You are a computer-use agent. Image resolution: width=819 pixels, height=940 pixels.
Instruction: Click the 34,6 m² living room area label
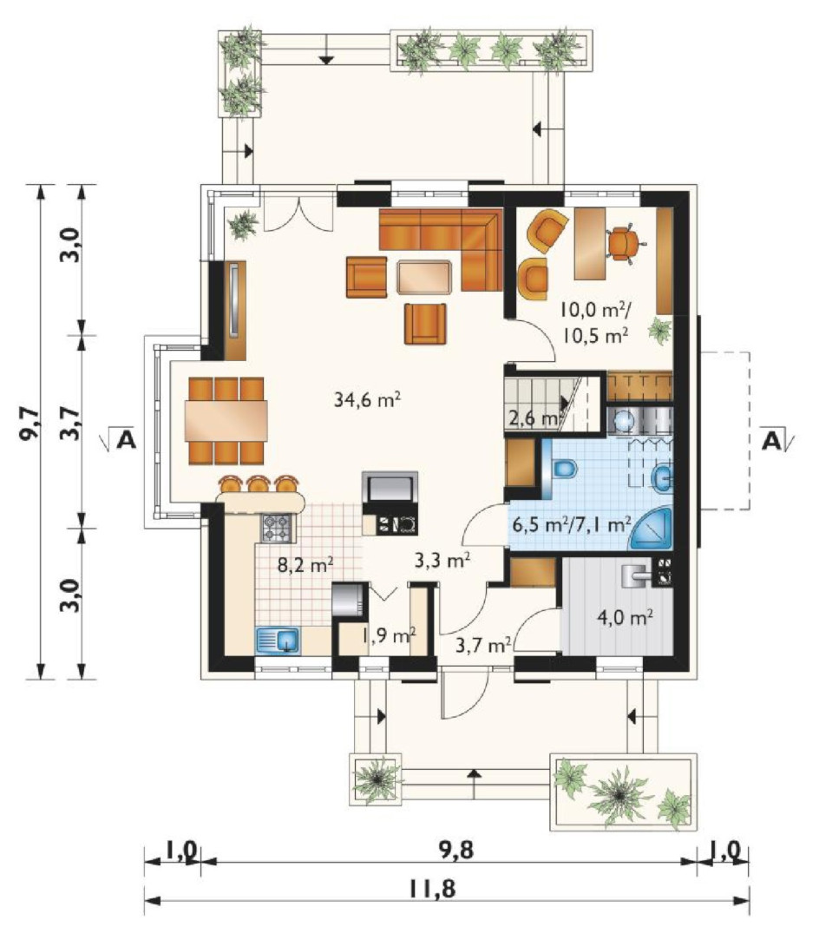click(x=367, y=399)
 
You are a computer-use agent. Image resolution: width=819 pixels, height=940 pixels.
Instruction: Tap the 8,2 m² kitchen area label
click(x=305, y=564)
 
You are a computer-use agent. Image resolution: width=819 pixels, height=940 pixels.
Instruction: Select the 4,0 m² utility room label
click(x=625, y=617)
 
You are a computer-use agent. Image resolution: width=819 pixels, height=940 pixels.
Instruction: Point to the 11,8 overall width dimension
click(x=432, y=889)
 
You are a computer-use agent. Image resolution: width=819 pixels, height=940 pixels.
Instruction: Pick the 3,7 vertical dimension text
click(x=70, y=424)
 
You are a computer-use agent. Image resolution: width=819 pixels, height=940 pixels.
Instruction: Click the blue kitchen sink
click(x=278, y=641)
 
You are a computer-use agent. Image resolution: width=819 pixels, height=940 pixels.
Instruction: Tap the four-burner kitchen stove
click(x=276, y=528)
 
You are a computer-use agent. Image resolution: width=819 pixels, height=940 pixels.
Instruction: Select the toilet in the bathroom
click(x=563, y=468)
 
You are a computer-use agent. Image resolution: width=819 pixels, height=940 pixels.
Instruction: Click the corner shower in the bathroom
click(x=651, y=529)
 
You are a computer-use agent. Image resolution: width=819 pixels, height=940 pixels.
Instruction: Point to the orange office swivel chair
click(x=625, y=243)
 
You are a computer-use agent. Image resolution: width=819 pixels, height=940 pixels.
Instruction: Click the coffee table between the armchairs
click(x=423, y=276)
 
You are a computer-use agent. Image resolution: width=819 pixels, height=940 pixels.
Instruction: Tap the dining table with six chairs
click(x=226, y=421)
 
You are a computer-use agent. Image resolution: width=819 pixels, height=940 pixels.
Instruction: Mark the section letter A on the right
click(x=771, y=441)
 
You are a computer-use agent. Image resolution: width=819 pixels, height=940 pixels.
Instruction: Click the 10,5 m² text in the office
click(x=594, y=334)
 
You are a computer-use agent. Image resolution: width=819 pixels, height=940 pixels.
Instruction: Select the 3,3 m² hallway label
click(x=442, y=561)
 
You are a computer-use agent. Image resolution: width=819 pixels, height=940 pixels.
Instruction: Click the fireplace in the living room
click(x=390, y=503)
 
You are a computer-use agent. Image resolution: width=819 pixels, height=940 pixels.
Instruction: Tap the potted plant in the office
click(x=661, y=331)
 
